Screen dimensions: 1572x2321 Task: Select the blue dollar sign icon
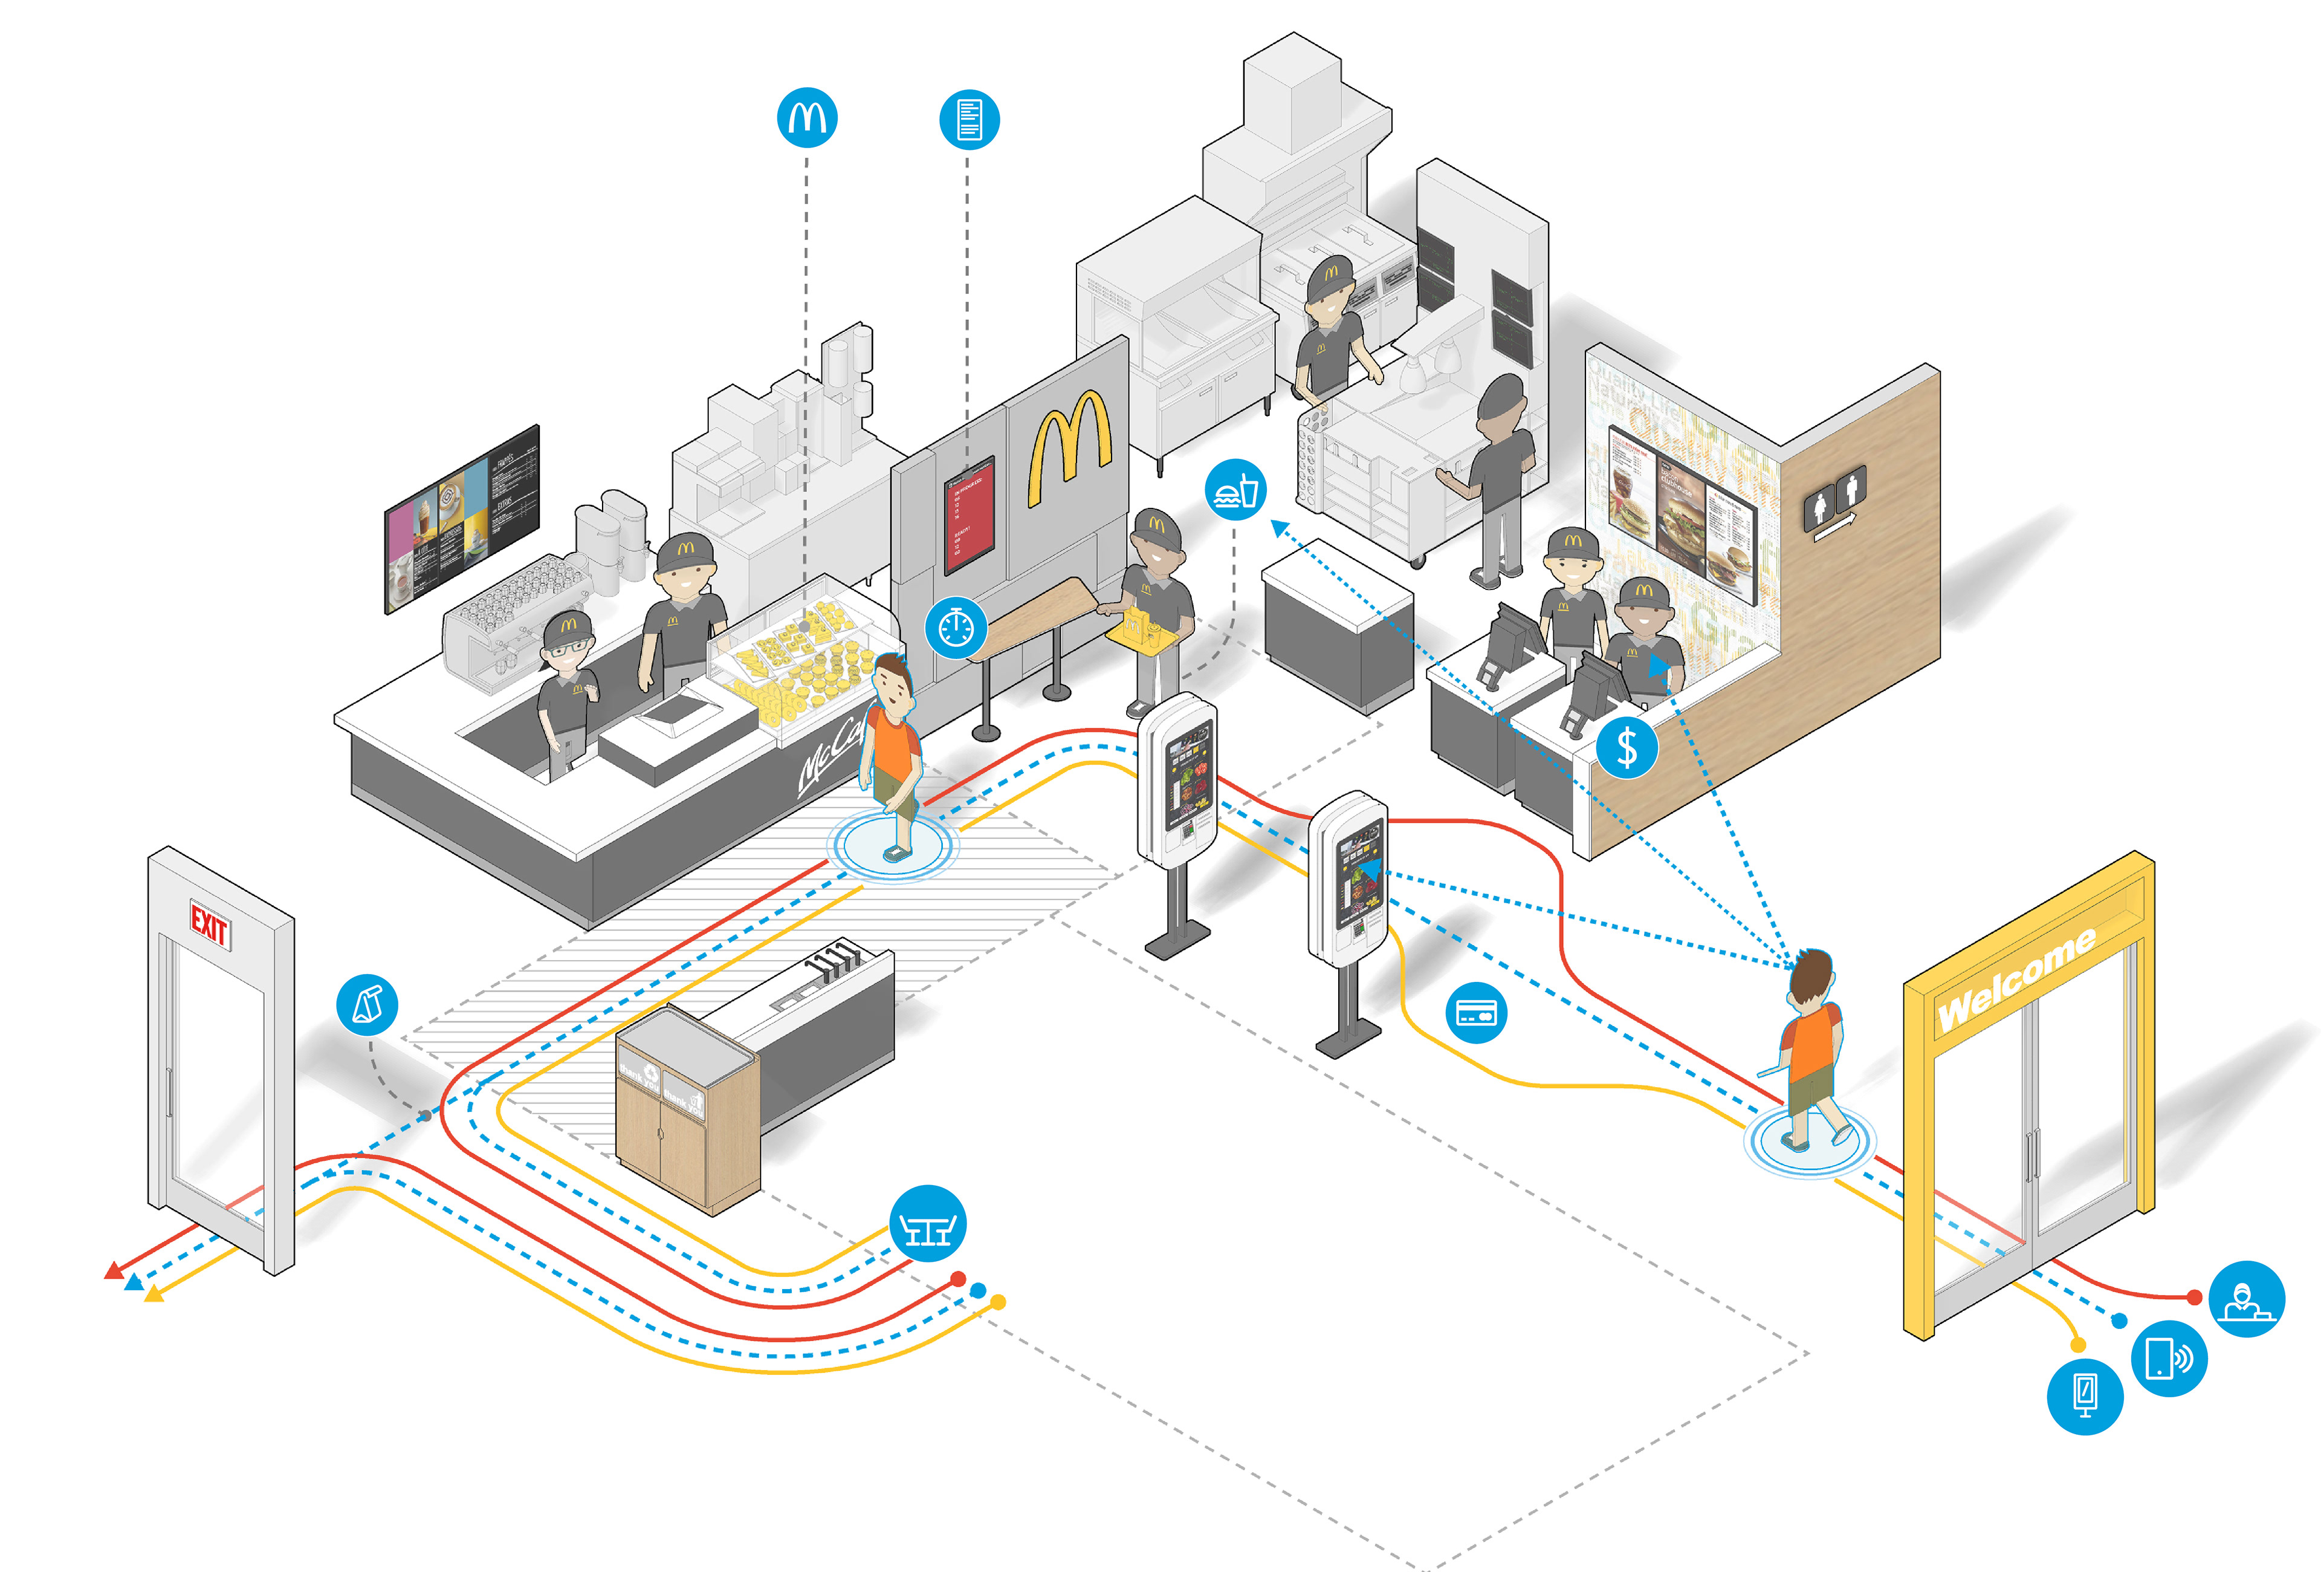click(1627, 747)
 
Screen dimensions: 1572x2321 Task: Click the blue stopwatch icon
click(956, 628)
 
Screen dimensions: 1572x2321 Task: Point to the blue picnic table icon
click(928, 1224)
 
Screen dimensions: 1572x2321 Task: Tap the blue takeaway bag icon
click(367, 1005)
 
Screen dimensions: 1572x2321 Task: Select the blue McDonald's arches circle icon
click(807, 118)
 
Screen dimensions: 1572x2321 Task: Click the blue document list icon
click(969, 119)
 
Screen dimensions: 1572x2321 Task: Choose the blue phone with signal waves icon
click(2169, 1359)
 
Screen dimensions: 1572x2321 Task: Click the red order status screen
click(970, 515)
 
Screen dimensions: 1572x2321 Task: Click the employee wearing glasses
click(568, 689)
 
